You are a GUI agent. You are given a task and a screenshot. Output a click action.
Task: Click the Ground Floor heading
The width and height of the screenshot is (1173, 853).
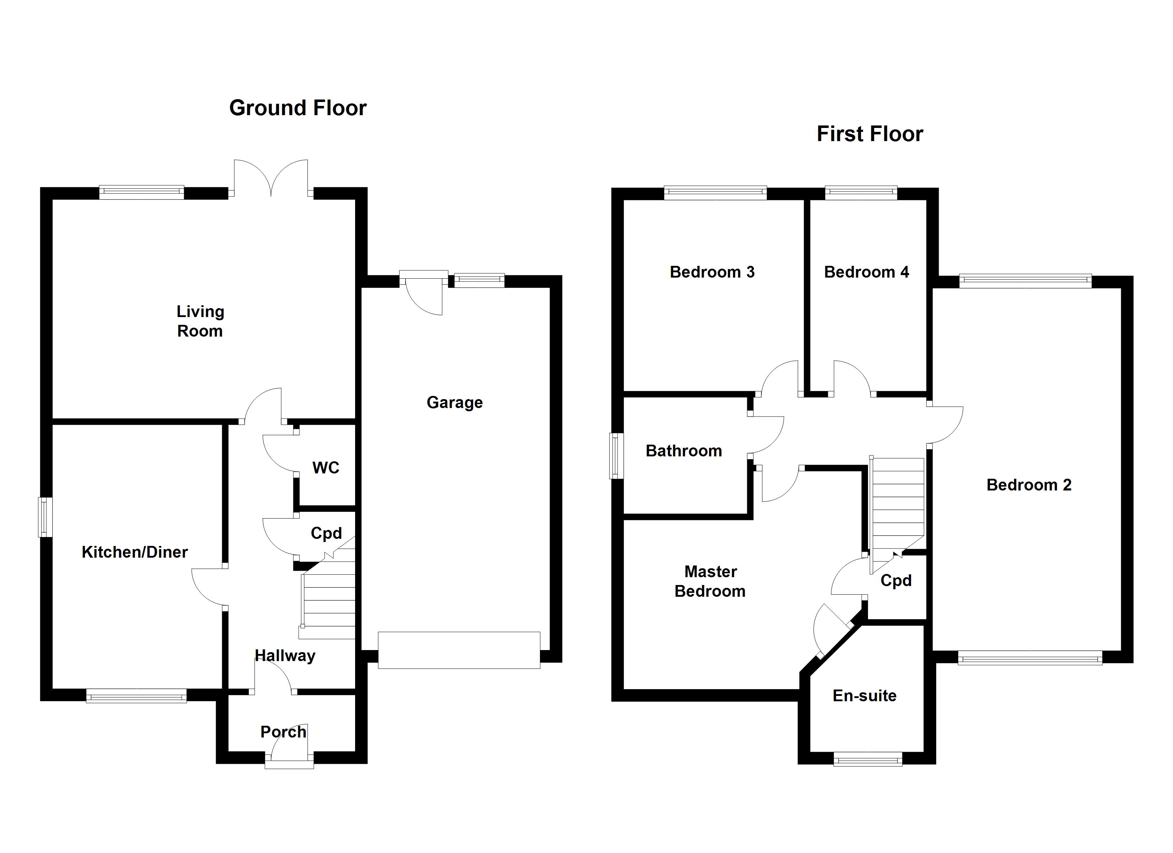[x=298, y=108]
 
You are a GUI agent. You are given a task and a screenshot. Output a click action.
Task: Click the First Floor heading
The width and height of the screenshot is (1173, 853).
[x=869, y=134]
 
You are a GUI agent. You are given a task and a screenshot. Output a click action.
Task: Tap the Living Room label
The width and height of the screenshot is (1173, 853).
[x=200, y=321]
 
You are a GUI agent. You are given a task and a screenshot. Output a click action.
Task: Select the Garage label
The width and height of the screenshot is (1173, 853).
[x=455, y=402]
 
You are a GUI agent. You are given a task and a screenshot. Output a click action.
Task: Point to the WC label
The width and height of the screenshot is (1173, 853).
[x=326, y=468]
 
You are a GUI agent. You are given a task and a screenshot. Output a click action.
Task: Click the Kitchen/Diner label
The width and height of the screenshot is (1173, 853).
[x=134, y=552]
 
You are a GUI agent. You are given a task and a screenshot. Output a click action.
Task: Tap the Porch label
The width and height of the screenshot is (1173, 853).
[x=283, y=732]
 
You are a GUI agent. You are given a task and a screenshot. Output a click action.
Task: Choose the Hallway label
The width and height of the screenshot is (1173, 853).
[x=285, y=656]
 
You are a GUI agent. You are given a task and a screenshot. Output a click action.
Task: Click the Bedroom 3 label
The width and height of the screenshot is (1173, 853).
[x=712, y=272]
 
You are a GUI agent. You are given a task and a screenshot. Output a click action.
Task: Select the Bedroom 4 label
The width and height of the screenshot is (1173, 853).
[x=866, y=272]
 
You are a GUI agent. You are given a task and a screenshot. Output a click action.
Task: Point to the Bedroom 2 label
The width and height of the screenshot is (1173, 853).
[x=1029, y=485]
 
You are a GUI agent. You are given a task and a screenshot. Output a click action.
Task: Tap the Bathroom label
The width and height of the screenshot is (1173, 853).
[x=684, y=451]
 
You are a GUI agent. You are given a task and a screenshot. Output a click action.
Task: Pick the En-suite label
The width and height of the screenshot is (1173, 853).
[x=864, y=696]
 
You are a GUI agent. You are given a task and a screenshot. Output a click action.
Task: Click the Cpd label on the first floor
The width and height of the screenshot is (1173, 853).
[x=896, y=580]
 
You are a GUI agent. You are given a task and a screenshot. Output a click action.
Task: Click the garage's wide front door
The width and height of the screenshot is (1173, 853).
[x=459, y=650]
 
